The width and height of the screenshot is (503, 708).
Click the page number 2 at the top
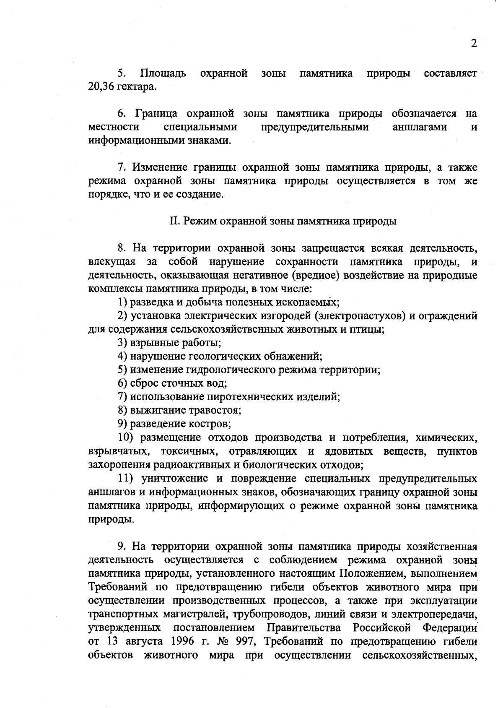pos(474,44)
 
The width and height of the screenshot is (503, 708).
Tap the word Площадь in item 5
pos(163,74)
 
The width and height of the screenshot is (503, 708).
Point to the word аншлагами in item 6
pos(420,127)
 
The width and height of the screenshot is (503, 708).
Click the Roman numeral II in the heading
pos(174,221)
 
